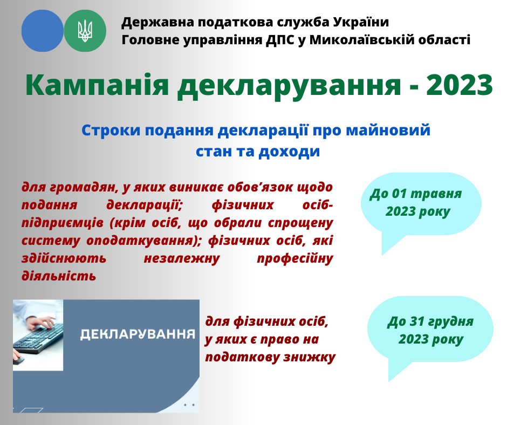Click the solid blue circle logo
pyautogui.click(x=43, y=31)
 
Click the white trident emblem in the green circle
pyautogui.click(x=85, y=31)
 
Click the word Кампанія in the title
pyautogui.click(x=97, y=85)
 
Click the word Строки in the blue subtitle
pyautogui.click(x=111, y=131)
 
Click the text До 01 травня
pyautogui.click(x=415, y=194)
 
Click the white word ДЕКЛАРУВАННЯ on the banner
pyautogui.click(x=138, y=334)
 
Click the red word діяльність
pyautogui.click(x=59, y=276)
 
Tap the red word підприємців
pyautogui.click(x=63, y=223)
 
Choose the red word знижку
pyautogui.click(x=310, y=358)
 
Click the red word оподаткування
pyautogui.click(x=143, y=241)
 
